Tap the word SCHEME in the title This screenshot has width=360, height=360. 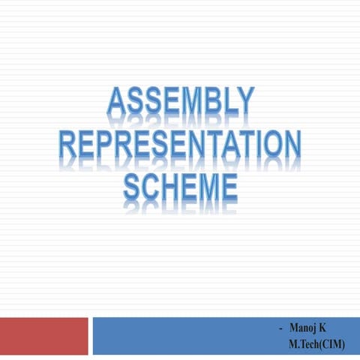click(180, 186)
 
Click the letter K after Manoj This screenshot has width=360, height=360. click(323, 327)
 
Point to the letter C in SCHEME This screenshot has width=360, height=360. click(153, 186)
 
